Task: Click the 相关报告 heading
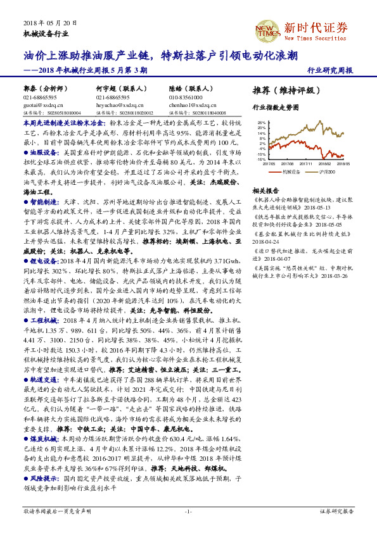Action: pos(265,191)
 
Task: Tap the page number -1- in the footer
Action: pos(188,510)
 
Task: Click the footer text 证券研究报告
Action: pos(335,510)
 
